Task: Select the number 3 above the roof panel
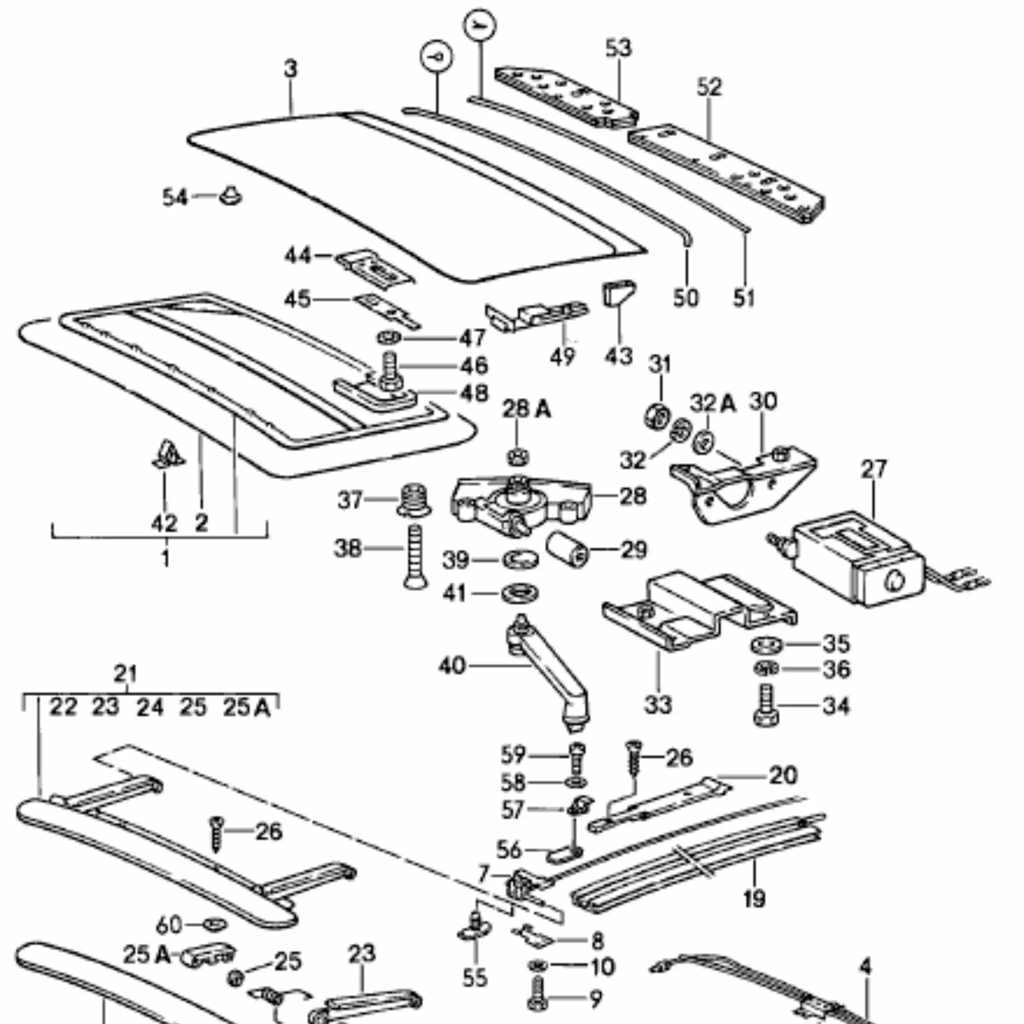290,69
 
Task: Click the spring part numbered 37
414,500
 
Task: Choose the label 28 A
526,409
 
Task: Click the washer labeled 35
766,645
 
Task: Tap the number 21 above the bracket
125,674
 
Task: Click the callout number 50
686,297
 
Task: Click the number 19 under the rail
753,898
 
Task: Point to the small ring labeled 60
214,924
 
